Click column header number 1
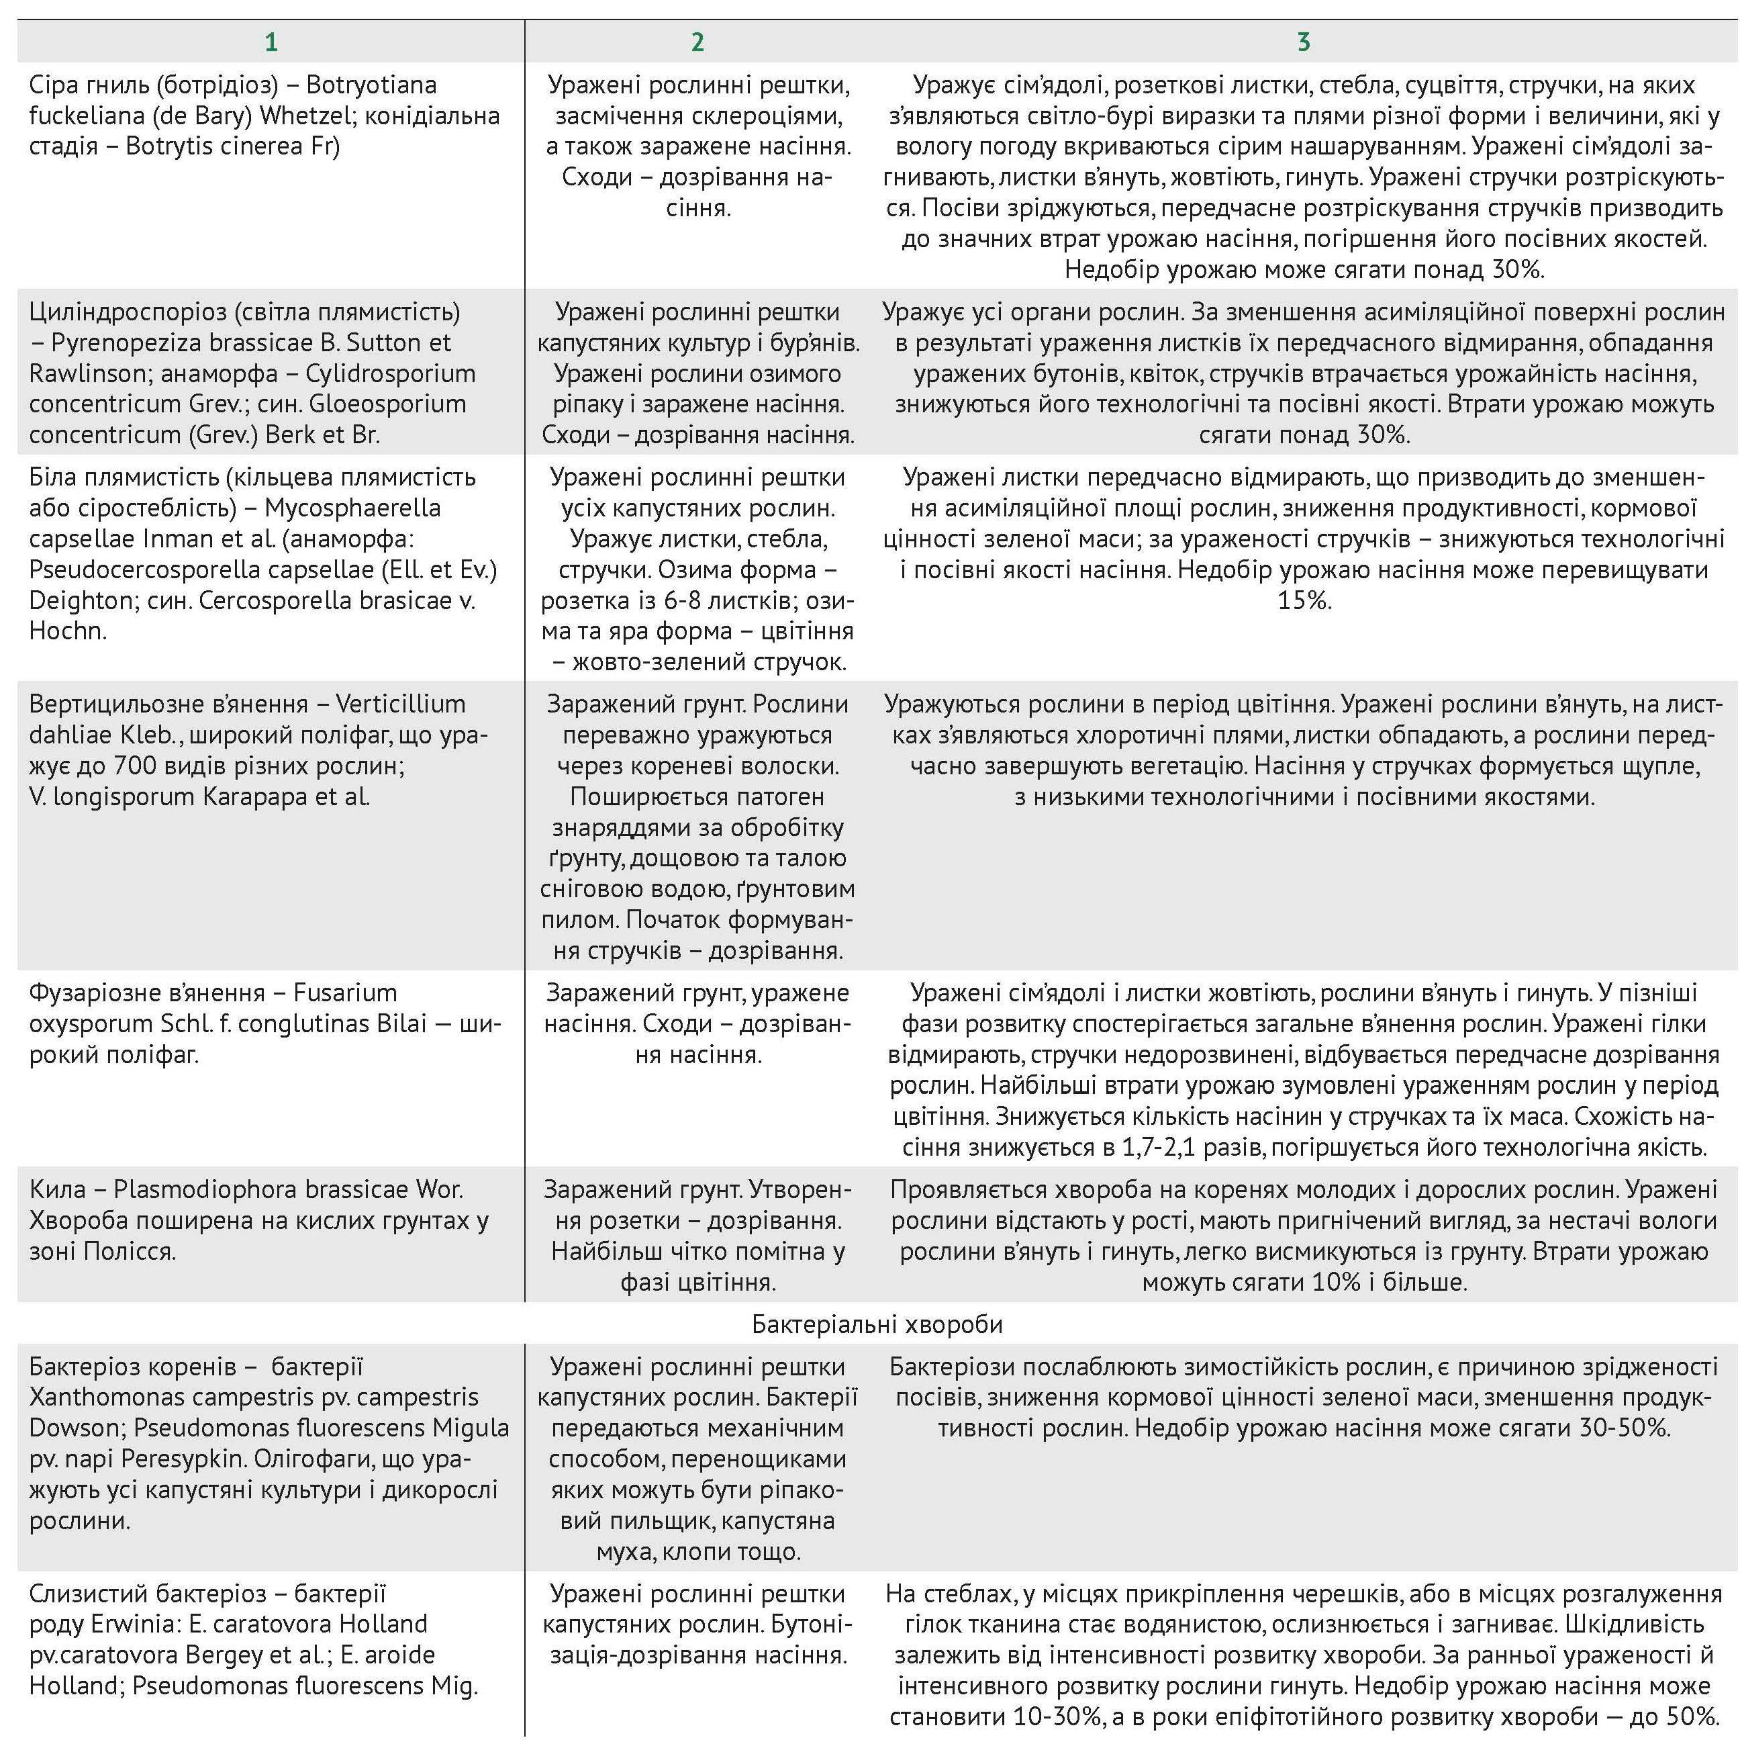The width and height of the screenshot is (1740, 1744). click(271, 42)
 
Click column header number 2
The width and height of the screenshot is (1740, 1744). click(697, 42)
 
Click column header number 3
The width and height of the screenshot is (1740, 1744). click(1303, 42)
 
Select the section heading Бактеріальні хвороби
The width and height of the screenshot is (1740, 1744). click(877, 1324)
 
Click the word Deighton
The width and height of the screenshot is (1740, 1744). click(81, 600)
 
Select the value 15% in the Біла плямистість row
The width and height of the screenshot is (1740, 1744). click(1304, 600)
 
